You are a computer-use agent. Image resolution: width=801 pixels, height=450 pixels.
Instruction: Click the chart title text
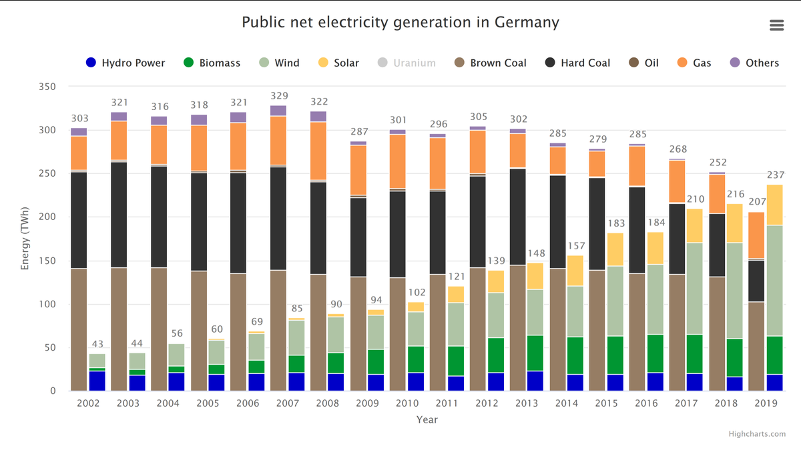click(x=400, y=22)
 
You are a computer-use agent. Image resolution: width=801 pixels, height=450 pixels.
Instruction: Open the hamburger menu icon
click(x=776, y=25)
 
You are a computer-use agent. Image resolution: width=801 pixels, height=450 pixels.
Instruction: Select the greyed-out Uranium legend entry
click(x=407, y=63)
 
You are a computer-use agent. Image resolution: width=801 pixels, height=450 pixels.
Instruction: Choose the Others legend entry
click(x=754, y=63)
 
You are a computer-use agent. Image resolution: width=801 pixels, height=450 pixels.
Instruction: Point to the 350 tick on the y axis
click(x=47, y=87)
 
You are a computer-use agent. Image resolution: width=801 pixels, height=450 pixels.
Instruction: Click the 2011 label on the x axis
click(x=447, y=403)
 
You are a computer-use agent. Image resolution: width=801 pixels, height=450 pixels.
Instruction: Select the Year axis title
click(x=427, y=419)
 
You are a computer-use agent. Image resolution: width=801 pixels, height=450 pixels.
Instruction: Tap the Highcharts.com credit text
click(x=757, y=434)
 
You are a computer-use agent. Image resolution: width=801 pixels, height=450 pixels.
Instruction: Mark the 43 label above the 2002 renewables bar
click(x=97, y=344)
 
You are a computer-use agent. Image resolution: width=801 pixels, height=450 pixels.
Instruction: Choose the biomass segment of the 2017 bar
click(x=695, y=353)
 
